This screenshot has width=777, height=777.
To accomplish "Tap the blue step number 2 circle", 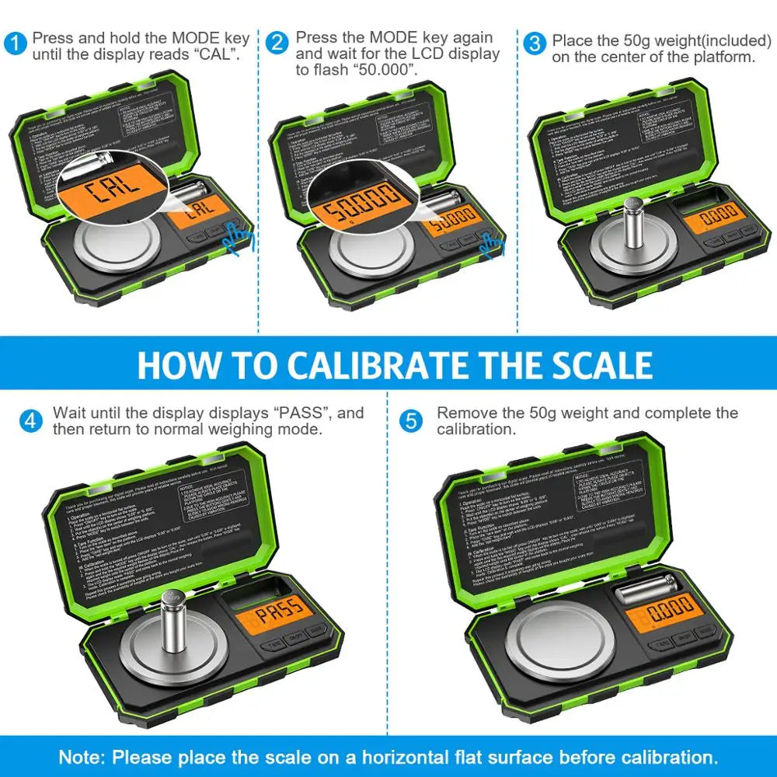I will (x=277, y=43).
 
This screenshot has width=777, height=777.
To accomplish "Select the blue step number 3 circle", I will (x=535, y=43).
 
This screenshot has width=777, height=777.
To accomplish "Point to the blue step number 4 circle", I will (x=30, y=421).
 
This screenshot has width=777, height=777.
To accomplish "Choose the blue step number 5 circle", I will (x=411, y=421).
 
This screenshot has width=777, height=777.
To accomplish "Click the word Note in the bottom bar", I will (x=85, y=757).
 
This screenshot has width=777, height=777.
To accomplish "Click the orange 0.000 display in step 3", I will (x=714, y=212).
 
